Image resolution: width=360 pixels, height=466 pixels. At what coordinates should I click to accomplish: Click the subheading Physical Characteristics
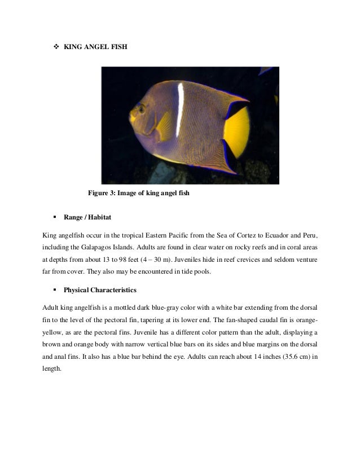(99, 291)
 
